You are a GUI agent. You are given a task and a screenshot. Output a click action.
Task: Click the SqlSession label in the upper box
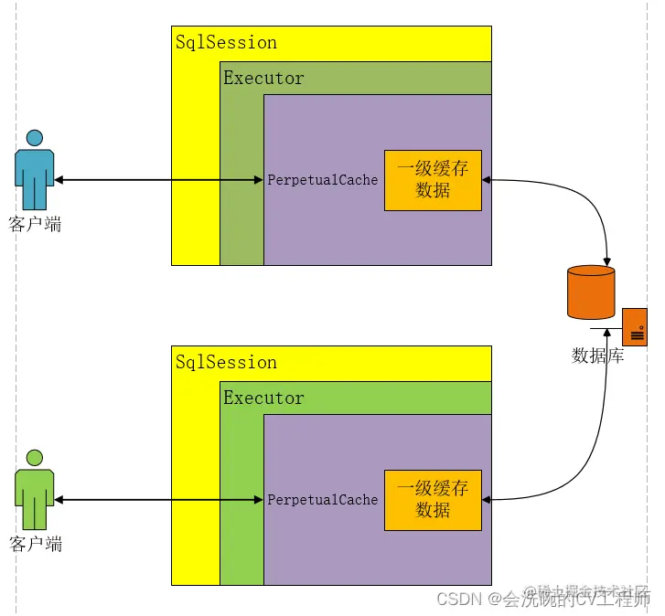click(x=226, y=42)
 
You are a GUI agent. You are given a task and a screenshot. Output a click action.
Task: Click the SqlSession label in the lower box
click(x=226, y=362)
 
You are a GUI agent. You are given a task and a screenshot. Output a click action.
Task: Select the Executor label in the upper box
click(x=263, y=78)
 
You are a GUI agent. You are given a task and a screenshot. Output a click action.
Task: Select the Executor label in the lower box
click(x=263, y=398)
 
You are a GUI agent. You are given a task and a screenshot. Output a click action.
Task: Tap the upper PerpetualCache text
click(x=322, y=180)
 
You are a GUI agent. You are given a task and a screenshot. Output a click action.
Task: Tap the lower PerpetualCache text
click(x=322, y=500)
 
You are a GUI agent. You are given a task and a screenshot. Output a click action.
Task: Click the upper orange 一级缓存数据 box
click(x=433, y=180)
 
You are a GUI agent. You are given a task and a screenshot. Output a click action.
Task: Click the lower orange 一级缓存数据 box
click(x=433, y=500)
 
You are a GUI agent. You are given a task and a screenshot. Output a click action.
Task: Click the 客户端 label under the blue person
click(x=35, y=224)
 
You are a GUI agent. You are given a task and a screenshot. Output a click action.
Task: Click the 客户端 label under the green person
click(x=35, y=544)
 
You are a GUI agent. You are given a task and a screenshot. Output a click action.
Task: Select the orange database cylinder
click(x=591, y=292)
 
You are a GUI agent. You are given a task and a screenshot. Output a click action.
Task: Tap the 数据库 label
click(x=597, y=356)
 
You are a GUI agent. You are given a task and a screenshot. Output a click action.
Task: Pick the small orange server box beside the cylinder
click(x=635, y=326)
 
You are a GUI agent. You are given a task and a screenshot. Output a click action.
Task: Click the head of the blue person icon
click(x=35, y=138)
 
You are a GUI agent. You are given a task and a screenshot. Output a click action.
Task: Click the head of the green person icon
click(x=35, y=458)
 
